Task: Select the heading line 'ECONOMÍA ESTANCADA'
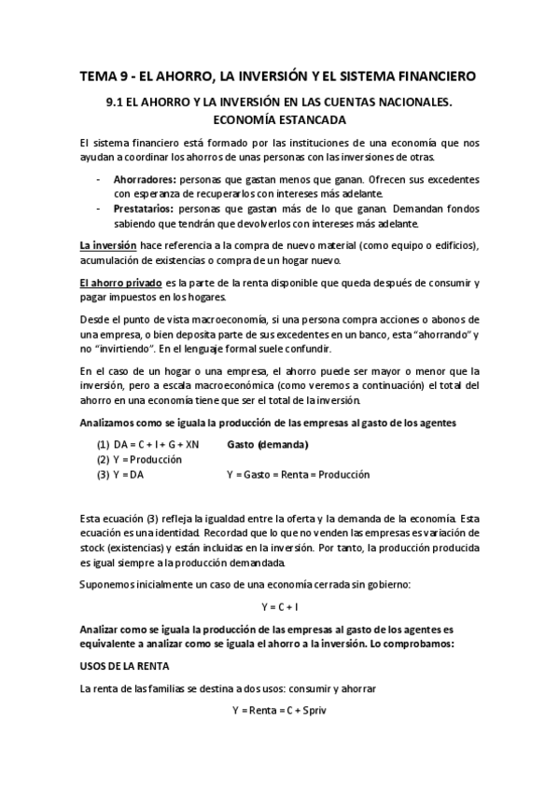[279, 120]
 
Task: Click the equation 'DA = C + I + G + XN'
[155, 445]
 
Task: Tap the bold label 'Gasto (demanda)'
[273, 445]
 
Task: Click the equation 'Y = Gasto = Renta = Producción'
[298, 475]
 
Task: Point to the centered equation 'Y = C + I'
[279, 606]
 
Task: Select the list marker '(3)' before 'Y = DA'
[103, 475]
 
